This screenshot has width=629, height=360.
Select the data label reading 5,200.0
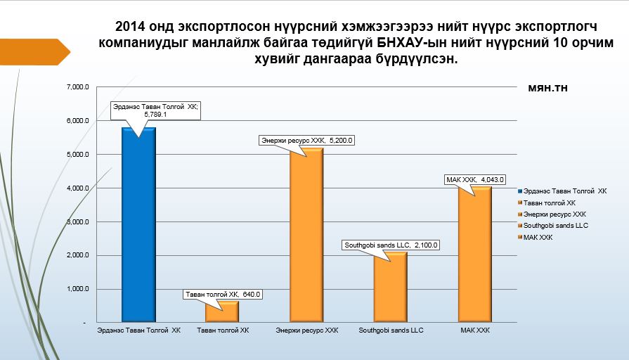[306, 141]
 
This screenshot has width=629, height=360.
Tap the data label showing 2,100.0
[390, 245]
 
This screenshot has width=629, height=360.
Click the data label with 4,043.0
[475, 180]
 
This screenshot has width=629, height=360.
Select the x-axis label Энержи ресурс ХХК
[307, 330]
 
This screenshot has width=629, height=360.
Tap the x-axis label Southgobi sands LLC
[391, 330]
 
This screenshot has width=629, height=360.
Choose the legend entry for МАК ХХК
[538, 238]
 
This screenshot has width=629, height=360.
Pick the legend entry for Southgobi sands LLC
[555, 226]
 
